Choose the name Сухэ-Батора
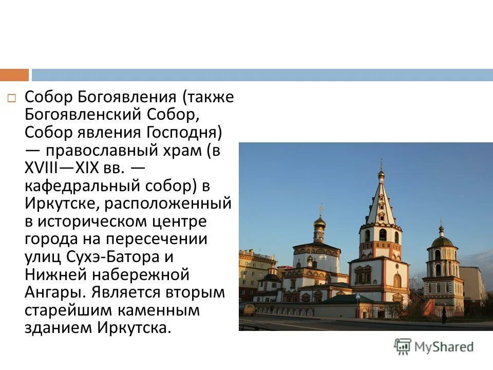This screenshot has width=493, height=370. point(121,257)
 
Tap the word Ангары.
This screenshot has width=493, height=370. point(54,292)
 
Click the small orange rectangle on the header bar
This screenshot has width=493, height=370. point(14,75)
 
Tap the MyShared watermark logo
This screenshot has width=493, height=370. point(434,346)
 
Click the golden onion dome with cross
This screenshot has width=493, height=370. point(319,223)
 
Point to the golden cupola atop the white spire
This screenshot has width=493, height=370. point(381,174)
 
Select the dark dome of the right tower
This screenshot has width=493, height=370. point(441,241)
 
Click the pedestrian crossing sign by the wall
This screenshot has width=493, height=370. point(358,298)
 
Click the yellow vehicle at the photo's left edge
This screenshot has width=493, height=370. point(248,309)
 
